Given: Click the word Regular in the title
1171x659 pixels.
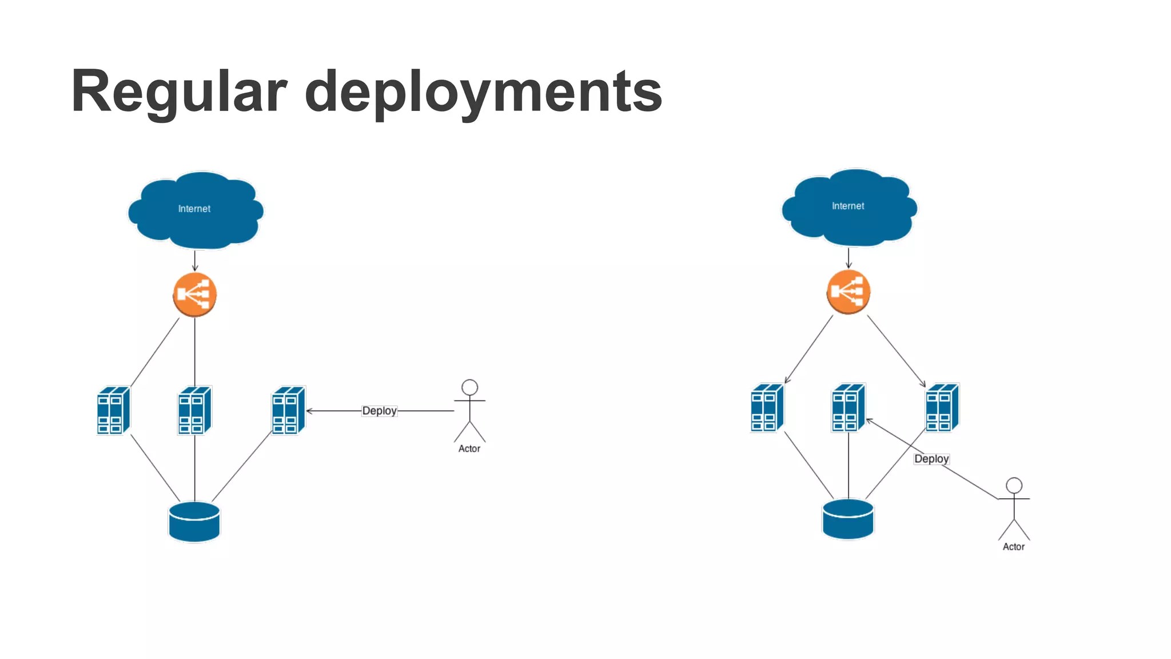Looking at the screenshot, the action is tap(178, 92).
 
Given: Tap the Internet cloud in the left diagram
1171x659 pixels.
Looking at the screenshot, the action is tap(196, 210).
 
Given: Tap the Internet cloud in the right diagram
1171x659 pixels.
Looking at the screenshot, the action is tap(849, 207).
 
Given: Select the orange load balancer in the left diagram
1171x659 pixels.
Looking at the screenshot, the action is tap(194, 294).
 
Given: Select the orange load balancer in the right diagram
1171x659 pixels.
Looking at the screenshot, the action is tap(849, 292).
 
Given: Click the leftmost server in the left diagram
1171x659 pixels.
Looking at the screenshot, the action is tap(114, 410).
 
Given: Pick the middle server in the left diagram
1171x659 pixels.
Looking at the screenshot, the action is tap(195, 410).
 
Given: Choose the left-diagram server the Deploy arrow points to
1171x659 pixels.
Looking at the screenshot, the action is tap(289, 410).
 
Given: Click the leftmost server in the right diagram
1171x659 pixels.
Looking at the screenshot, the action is tap(767, 407).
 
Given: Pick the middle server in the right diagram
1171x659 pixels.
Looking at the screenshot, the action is tap(849, 407).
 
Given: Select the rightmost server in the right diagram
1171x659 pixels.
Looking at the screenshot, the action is tap(942, 407).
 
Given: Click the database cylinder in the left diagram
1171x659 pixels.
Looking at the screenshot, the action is tap(194, 522).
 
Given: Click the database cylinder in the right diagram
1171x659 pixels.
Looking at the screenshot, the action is tap(848, 519).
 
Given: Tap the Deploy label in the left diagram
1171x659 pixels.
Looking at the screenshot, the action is tap(379, 411).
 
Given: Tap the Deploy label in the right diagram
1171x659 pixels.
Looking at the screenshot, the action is tap(931, 459).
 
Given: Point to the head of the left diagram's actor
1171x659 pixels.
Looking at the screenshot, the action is tap(470, 387).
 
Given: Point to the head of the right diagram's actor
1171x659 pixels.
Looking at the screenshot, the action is tap(1014, 486).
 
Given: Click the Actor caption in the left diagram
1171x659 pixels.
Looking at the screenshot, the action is tap(469, 449).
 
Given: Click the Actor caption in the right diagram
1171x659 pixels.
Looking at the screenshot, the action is tap(1014, 547).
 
